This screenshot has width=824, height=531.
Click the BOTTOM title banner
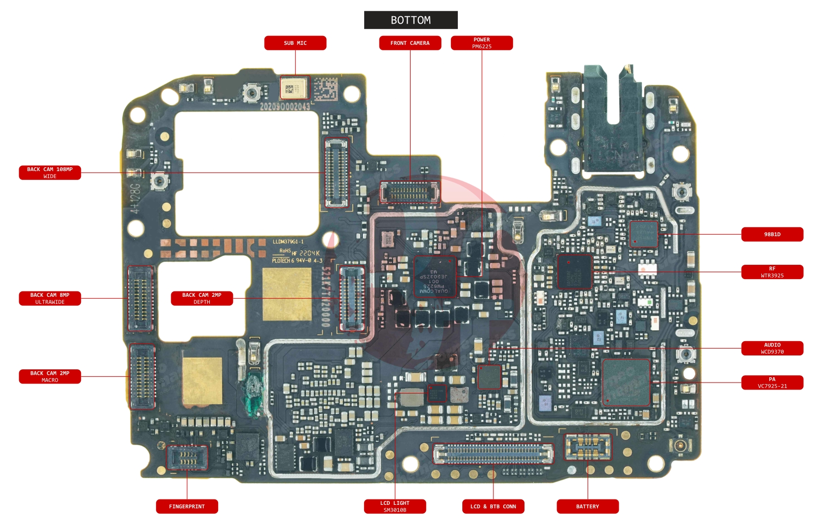[x=411, y=20]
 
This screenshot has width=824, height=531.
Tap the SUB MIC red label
[x=295, y=43]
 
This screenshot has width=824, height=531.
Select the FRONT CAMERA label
[x=410, y=43]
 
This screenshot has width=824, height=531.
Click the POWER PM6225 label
[x=482, y=43]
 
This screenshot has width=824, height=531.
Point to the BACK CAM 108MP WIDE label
[x=50, y=173]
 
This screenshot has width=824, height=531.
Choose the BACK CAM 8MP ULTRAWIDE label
[x=50, y=298]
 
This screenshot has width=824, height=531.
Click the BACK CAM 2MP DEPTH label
[x=202, y=298]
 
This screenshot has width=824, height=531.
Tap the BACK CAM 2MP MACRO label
[x=50, y=377]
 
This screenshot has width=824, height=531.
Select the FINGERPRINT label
[x=187, y=506]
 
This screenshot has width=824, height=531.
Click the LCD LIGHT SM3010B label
[x=395, y=506]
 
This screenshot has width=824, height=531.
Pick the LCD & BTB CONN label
[x=493, y=506]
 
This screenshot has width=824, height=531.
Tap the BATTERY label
[x=587, y=506]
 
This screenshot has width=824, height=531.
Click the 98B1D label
[x=772, y=234]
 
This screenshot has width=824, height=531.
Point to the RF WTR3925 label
[x=772, y=272]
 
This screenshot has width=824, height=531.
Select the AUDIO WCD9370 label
[x=772, y=348]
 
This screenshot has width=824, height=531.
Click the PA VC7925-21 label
[x=772, y=383]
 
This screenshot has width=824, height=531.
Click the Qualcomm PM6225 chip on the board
[x=434, y=276]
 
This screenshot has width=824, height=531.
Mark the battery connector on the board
[x=588, y=448]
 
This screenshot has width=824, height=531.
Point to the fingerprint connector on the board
[x=187, y=458]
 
